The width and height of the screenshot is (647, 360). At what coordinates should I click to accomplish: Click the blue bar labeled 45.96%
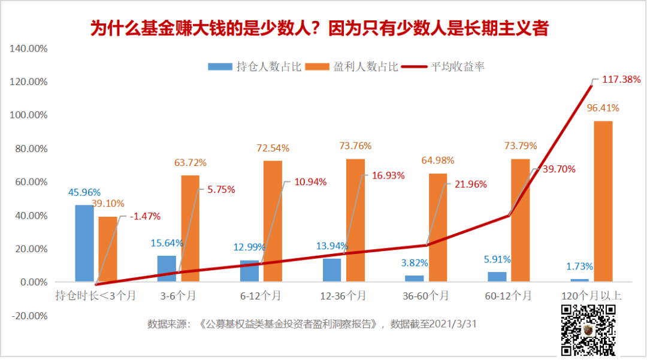[84, 243]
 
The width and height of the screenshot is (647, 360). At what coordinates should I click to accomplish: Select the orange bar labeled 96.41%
[603, 201]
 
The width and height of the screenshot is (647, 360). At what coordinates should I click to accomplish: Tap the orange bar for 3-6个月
[190, 228]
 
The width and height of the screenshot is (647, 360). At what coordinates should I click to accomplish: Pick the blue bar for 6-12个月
[249, 271]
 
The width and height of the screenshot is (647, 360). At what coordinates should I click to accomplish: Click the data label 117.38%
[620, 79]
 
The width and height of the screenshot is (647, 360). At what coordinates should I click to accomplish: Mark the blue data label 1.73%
[580, 266]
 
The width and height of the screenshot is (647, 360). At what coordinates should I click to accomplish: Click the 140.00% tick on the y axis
[28, 48]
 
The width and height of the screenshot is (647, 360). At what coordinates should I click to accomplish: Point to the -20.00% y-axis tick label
[28, 316]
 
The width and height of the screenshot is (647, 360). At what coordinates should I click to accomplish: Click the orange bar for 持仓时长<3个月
[108, 249]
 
